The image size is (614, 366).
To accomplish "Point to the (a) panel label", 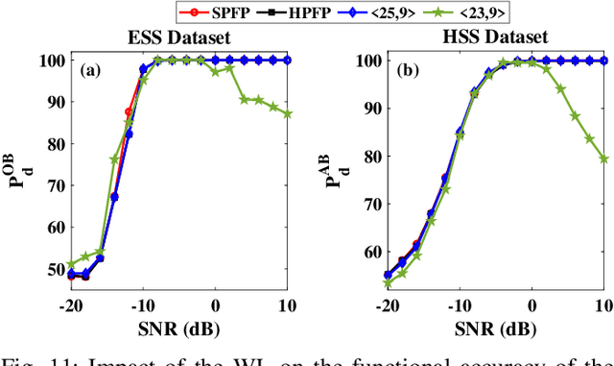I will (89, 69).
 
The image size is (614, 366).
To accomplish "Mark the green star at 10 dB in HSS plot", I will (604, 159).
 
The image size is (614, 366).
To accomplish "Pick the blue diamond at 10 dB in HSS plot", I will (604, 60).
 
